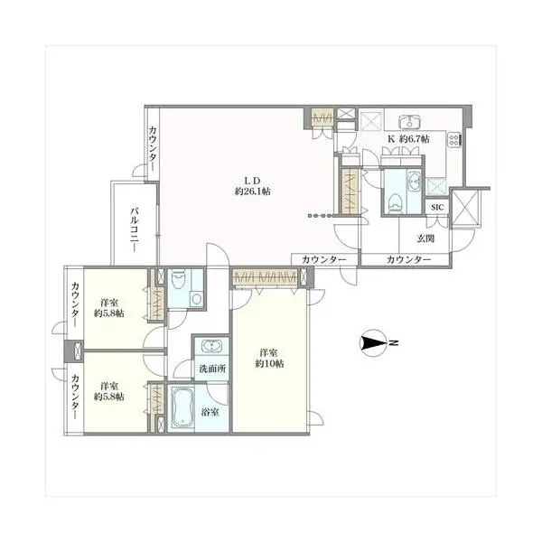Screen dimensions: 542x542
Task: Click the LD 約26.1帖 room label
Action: (252, 186)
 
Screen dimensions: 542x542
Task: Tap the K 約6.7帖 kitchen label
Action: (408, 139)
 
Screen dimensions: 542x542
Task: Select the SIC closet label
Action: (437, 208)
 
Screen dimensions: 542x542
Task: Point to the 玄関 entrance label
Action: (425, 238)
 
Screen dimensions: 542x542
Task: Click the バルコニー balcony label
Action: (135, 229)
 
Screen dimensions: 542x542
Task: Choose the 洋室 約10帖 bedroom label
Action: (269, 358)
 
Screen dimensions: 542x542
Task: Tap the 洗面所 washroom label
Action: (212, 369)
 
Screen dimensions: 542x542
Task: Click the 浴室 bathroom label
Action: (210, 412)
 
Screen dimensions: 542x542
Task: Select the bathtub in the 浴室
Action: (182, 408)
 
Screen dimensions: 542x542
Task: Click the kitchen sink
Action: (409, 122)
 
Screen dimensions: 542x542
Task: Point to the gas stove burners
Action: (454, 140)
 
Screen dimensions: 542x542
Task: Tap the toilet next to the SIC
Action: (395, 201)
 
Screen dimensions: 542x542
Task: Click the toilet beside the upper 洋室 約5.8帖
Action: (178, 279)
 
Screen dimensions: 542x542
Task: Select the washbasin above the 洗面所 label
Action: (210, 346)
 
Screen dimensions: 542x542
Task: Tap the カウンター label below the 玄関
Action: (408, 259)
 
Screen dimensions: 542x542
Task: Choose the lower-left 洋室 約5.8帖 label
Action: (109, 391)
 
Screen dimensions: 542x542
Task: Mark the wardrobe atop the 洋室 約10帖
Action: (265, 277)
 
